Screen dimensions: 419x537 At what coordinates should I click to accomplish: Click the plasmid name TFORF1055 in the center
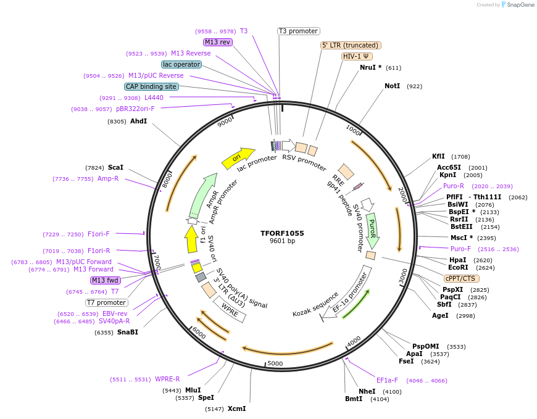282,233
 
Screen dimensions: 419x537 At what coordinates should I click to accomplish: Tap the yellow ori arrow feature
238,158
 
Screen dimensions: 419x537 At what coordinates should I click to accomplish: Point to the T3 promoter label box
298,31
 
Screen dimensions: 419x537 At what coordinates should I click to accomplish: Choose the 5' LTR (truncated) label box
351,45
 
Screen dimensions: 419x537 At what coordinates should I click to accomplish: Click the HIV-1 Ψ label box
357,56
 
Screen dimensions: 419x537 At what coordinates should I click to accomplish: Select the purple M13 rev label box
217,42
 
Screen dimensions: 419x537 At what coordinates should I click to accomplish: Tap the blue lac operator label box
181,64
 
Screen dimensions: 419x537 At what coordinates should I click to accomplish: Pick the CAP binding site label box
151,86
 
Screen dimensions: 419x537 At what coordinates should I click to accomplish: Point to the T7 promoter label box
107,302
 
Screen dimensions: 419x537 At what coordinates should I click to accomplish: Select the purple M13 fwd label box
106,280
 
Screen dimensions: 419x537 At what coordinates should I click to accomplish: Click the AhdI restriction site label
138,121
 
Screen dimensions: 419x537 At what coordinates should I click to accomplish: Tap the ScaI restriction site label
115,167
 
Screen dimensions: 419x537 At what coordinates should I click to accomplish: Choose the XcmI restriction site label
236,409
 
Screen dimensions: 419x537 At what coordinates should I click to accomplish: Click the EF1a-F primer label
387,380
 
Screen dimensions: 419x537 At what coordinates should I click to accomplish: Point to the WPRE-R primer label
167,379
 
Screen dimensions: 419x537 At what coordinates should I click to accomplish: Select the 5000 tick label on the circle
275,363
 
